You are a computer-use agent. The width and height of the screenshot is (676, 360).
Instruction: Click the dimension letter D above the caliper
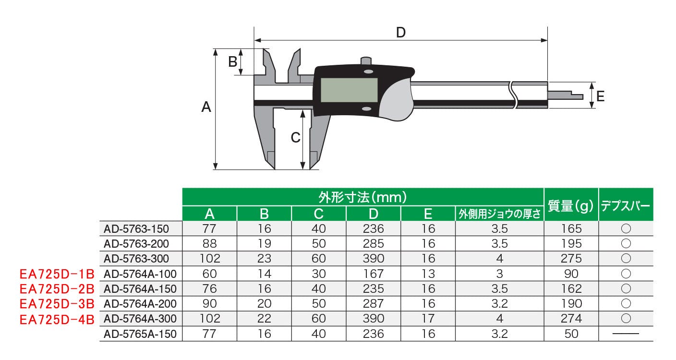click(x=400, y=33)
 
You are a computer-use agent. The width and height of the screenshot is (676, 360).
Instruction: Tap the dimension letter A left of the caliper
click(x=206, y=107)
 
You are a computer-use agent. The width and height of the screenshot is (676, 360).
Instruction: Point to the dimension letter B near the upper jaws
click(x=233, y=62)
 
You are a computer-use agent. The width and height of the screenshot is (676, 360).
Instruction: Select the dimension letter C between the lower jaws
click(x=295, y=138)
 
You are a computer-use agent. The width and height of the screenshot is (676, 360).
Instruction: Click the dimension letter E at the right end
click(x=601, y=96)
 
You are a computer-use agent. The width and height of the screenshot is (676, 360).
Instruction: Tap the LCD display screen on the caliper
click(x=349, y=90)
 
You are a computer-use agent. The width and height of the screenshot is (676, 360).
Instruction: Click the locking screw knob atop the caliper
click(x=366, y=61)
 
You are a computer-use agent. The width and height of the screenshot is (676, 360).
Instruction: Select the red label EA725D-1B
click(x=57, y=274)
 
